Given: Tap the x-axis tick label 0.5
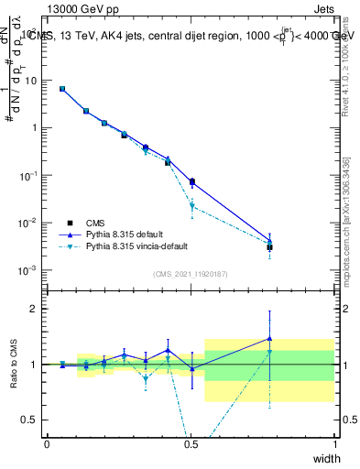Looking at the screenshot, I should coord(191,443).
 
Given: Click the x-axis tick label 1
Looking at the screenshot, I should coord(334,443).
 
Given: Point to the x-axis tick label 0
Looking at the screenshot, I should coord(47,443).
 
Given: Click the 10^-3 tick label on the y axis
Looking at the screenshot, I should coord(28,270).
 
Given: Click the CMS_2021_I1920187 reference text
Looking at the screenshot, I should coord(191,274).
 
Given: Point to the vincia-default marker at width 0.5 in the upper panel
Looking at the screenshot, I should coord(191,206).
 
